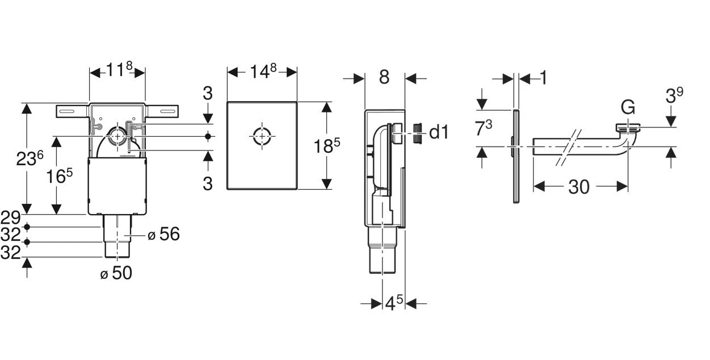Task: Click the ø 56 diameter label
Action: [163, 234]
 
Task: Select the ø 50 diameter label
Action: [116, 273]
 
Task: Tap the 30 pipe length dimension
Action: [579, 187]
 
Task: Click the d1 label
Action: [439, 132]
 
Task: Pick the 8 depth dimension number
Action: [384, 77]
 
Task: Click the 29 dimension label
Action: [10, 217]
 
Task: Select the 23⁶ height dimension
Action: [30, 158]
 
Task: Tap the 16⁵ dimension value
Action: [59, 177]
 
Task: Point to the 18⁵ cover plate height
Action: [327, 146]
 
